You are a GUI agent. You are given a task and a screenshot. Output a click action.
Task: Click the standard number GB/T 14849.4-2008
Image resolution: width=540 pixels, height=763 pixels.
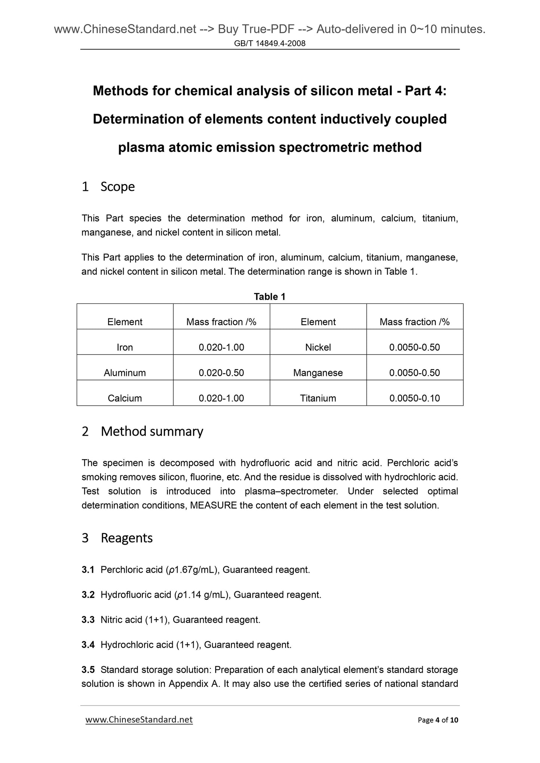point(269,43)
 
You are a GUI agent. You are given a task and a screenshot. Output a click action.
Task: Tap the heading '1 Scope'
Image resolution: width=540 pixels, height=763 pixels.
point(108,186)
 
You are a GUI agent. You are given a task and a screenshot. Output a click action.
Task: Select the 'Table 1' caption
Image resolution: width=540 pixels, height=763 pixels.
point(269,297)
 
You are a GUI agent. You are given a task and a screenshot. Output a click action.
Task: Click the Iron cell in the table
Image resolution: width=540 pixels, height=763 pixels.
point(125,348)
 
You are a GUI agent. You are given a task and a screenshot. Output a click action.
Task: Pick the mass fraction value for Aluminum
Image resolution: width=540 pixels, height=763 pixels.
point(221,373)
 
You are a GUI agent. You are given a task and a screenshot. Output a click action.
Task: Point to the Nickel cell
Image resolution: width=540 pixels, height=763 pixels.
point(318,348)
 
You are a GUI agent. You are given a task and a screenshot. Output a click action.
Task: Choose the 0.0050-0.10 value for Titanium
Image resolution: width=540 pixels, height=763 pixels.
point(414,398)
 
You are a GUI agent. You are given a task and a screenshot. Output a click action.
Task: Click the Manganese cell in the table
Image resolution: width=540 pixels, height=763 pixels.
point(318,373)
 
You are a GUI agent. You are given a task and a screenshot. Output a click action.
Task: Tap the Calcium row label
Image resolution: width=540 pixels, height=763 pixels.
point(125,398)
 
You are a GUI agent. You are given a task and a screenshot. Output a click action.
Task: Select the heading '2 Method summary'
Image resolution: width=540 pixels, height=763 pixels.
point(142,432)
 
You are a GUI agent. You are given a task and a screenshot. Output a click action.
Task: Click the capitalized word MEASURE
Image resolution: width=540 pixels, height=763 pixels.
point(213,505)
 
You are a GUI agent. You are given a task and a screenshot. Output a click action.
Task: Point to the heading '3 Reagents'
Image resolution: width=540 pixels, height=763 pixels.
point(117,538)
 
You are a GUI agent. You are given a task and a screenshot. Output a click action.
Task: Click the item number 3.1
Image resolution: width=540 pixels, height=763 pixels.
point(88,570)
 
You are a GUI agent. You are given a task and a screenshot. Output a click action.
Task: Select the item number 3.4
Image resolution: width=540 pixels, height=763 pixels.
point(88,645)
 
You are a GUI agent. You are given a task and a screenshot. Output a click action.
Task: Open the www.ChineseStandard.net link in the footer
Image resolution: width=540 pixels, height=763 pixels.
point(139,719)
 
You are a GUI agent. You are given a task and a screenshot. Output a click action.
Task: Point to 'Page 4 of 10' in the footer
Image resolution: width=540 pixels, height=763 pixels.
point(438,720)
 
